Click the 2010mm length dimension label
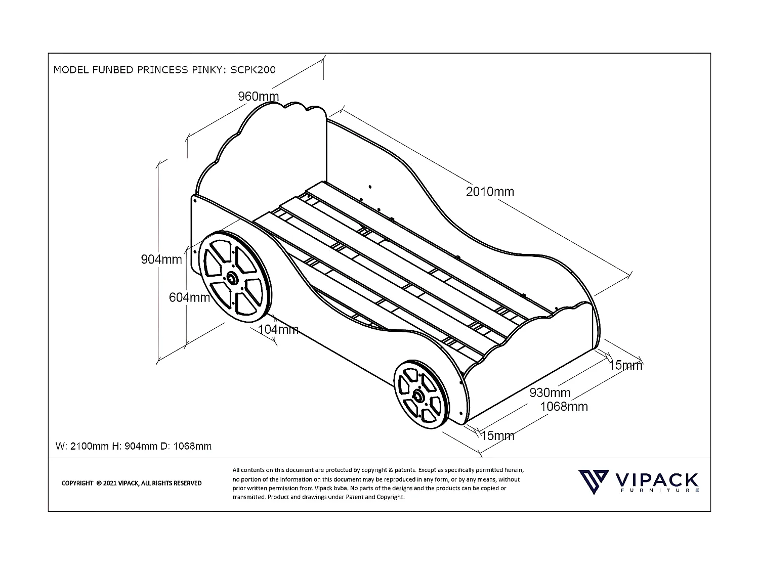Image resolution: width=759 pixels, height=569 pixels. tap(489, 192)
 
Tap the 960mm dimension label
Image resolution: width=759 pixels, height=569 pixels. tap(258, 96)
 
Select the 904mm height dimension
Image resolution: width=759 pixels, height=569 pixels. tap(161, 259)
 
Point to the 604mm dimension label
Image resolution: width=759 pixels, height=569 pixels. tap(189, 297)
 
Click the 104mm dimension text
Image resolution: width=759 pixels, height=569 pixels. tap(278, 330)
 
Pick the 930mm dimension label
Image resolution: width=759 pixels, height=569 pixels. tap(550, 392)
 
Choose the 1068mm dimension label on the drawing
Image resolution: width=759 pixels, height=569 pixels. tap(564, 406)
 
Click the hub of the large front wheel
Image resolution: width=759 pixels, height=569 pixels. tap(233, 278)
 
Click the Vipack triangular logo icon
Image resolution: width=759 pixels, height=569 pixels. tap(594, 482)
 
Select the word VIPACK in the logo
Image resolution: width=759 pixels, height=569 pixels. tap(657, 480)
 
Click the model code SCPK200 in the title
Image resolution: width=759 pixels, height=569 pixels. tap(253, 70)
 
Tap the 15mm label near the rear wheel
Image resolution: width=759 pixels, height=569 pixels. tap(497, 435)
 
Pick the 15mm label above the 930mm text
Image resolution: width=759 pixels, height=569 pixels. tap(625, 365)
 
